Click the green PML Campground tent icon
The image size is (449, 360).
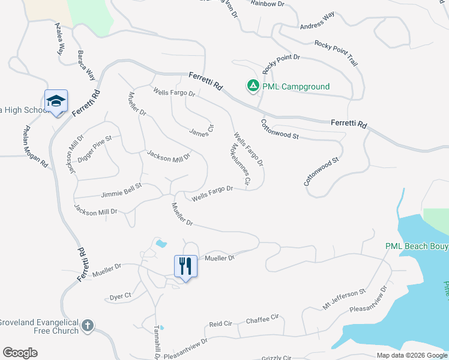253,86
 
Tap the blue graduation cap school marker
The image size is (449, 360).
56,102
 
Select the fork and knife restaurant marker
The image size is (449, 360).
185,266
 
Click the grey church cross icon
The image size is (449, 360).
88,326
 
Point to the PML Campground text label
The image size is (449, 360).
296,87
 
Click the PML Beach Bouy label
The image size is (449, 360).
417,247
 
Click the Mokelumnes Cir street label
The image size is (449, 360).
240,163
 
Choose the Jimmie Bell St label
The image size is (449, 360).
121,191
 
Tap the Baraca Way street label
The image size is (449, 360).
86,65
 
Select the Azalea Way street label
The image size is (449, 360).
59,40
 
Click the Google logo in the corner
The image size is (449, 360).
20,353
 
